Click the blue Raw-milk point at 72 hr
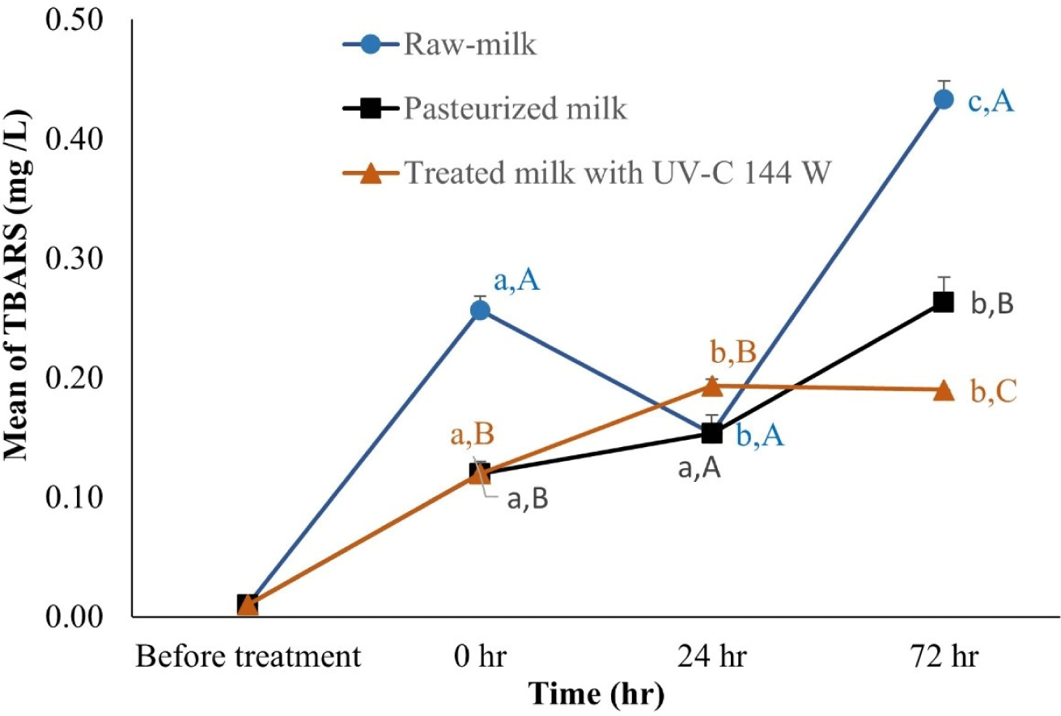pos(943,100)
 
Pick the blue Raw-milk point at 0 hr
pos(480,310)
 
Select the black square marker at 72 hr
pos(943,302)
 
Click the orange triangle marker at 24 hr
pos(711,386)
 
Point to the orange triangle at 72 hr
pos(943,390)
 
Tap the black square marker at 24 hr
pos(711,433)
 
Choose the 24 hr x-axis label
pos(711,657)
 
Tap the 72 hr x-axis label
pos(943,657)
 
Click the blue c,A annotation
pos(991,102)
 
